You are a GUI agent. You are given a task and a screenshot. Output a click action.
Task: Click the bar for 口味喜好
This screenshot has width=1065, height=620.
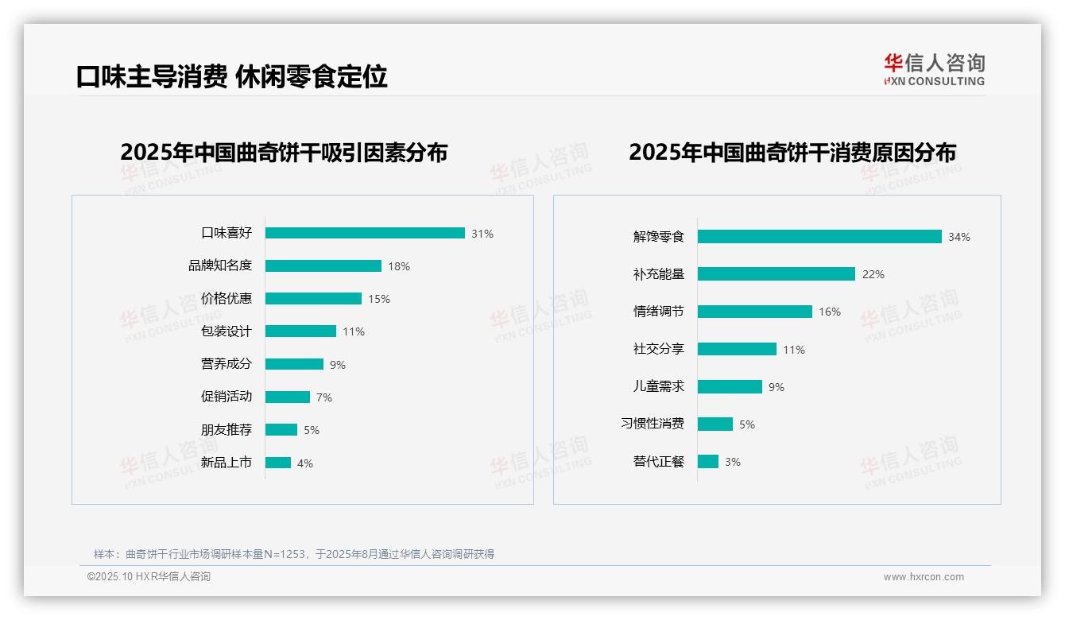[365, 233]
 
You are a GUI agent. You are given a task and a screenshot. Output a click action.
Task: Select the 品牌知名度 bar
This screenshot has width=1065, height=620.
[323, 265]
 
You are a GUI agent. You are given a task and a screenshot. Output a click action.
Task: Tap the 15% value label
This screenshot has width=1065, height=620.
[378, 299]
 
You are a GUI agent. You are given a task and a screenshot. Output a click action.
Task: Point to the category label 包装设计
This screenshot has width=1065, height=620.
[227, 331]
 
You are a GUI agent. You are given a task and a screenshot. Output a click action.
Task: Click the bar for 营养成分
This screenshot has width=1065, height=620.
[294, 364]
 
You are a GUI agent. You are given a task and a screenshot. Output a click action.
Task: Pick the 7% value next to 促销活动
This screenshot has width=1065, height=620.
[323, 397]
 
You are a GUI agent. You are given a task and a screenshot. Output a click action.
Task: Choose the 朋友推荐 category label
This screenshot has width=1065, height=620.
[227, 430]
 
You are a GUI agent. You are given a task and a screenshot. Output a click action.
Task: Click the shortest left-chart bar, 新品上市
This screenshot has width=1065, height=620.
[278, 463]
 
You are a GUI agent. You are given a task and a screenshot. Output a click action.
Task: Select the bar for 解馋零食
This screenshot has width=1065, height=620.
[819, 236]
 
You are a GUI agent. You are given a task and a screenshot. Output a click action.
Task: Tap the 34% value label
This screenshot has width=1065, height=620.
[958, 237]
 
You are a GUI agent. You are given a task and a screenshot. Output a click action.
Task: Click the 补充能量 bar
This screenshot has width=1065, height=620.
[776, 273]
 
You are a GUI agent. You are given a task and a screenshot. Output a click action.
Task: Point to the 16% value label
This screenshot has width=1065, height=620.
[829, 312]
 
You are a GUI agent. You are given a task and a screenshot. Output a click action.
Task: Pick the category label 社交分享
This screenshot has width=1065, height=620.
[658, 349]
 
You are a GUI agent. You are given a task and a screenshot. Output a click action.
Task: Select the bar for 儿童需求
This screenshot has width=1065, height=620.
[730, 386]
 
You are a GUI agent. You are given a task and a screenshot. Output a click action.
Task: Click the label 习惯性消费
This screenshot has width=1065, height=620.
[653, 424]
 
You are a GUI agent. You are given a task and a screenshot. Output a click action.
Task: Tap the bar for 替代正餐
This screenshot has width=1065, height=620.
[708, 461]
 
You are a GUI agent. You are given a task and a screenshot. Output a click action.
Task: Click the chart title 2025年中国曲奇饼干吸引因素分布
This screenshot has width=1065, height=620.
[284, 152]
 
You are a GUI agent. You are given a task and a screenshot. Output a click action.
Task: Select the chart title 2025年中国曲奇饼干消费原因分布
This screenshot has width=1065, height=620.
[792, 152]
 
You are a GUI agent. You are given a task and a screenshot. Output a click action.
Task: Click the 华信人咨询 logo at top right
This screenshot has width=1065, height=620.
[934, 69]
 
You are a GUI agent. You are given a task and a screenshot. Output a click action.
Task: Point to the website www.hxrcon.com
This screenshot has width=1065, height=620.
[924, 577]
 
